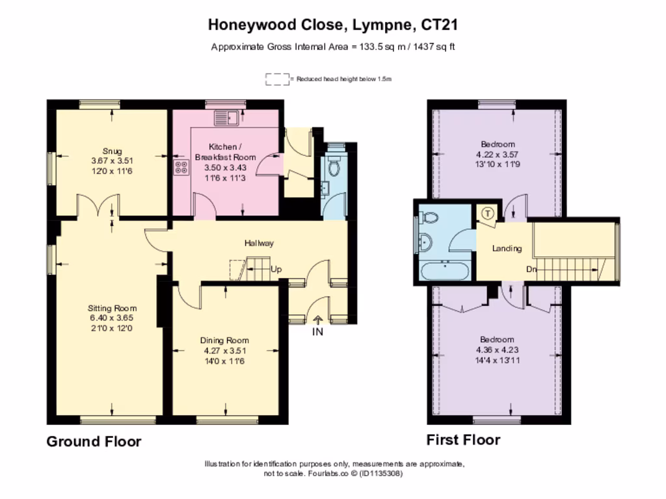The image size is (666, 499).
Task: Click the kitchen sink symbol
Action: coord(227,118)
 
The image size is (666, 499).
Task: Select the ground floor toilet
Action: coord(334,167)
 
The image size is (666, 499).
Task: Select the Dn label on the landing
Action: coord(531,269)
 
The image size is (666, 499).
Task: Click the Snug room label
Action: coord(112,151)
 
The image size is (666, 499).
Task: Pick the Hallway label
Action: coord(259,243)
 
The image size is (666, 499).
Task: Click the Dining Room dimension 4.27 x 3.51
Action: coord(224,351)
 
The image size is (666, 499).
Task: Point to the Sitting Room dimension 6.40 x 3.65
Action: coord(113,318)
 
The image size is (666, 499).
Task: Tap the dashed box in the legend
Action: coord(277,79)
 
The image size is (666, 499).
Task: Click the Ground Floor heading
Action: coord(94,442)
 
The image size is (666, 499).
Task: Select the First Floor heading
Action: coord(463,440)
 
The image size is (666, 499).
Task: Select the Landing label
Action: coord(507,248)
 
